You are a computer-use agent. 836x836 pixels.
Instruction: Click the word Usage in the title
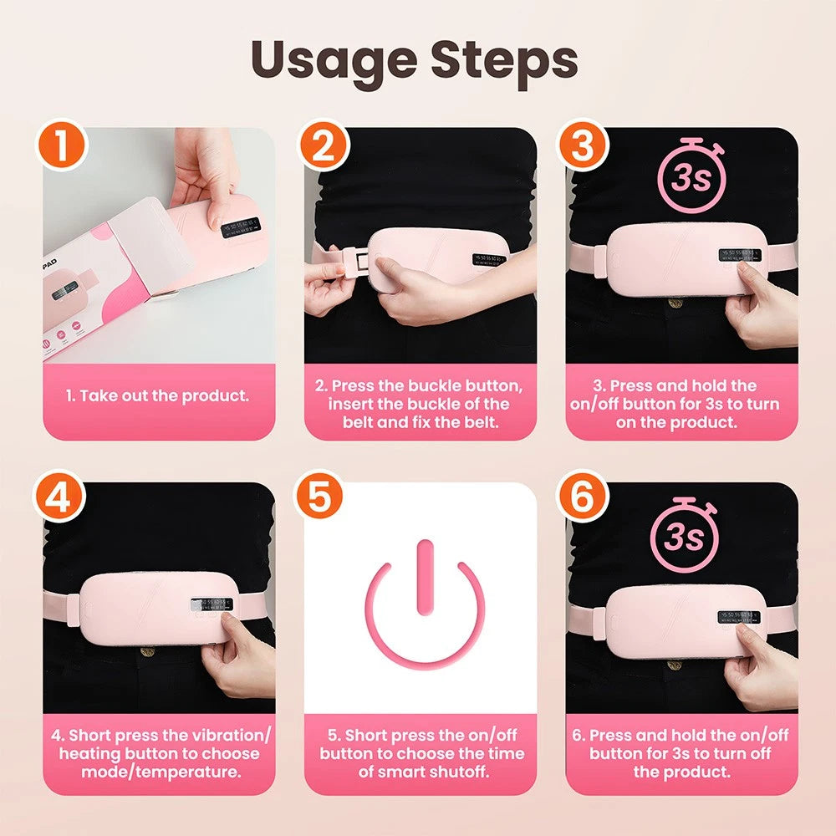click(x=329, y=60)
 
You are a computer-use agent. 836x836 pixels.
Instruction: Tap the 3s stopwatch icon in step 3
click(x=690, y=176)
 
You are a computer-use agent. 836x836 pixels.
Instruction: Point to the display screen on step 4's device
click(x=212, y=604)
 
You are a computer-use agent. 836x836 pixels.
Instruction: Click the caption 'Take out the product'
click(x=158, y=395)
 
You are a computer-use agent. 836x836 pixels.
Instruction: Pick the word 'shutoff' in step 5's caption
click(x=451, y=772)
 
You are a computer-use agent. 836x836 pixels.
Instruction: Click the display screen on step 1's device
click(x=239, y=226)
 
